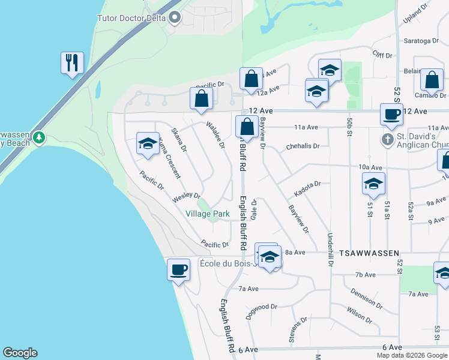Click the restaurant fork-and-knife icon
(71, 62)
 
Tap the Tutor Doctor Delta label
(133, 17)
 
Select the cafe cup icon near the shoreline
(179, 269)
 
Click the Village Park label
(208, 214)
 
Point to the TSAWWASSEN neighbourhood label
(369, 254)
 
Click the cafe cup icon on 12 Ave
(392, 114)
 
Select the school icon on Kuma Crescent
(148, 143)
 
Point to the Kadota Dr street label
(308, 188)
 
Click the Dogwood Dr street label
(262, 310)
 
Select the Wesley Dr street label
(187, 196)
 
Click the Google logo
(20, 353)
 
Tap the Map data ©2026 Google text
(412, 355)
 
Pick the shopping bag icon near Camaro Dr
(432, 80)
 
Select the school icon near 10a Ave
(373, 184)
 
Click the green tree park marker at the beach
(40, 138)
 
